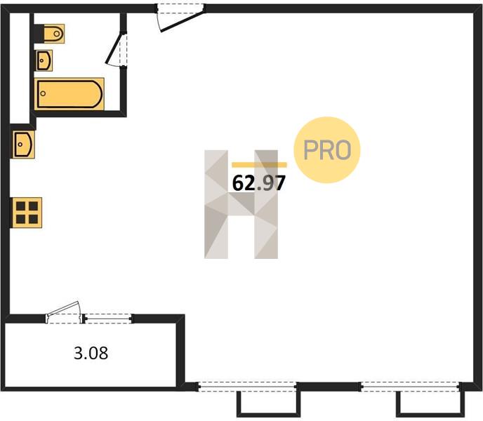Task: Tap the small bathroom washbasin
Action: click(44, 60)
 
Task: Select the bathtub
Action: click(69, 93)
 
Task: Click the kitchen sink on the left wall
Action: click(23, 144)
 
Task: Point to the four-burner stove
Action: click(27, 213)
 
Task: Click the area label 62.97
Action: click(259, 183)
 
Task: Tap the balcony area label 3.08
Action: click(91, 353)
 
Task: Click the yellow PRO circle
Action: click(327, 150)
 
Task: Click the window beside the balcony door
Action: click(108, 319)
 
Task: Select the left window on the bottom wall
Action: click(247, 387)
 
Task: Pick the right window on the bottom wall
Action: click(411, 387)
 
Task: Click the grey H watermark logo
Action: click(241, 204)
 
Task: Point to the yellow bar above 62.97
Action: click(259, 165)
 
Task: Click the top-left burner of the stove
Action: click(20, 206)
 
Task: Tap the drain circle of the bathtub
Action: click(43, 93)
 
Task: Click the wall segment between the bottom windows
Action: click(329, 387)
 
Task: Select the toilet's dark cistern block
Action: click(39, 34)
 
